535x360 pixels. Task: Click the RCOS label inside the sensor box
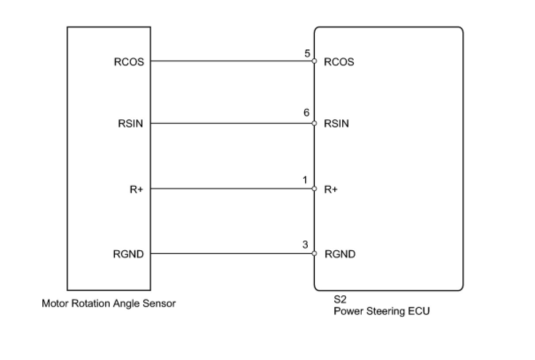point(129,62)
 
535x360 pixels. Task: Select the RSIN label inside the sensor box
point(130,123)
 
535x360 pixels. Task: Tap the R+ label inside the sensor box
point(136,189)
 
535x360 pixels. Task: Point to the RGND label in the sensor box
point(128,254)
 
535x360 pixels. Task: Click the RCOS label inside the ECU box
point(339,62)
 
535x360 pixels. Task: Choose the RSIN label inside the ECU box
point(336,123)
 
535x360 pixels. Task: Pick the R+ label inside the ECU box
point(331,189)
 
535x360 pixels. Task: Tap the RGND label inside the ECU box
point(340,254)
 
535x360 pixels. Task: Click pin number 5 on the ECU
point(307,53)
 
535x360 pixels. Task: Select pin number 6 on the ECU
point(306,112)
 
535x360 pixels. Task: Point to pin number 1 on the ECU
point(305,180)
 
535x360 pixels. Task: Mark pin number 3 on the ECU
point(305,245)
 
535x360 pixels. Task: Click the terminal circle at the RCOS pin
point(314,61)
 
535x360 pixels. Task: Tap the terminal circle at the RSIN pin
point(314,123)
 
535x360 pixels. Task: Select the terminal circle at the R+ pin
point(314,189)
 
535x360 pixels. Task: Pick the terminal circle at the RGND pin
point(314,253)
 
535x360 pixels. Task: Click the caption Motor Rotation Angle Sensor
point(109,304)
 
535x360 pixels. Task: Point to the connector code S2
point(340,299)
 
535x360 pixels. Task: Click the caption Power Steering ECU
point(382,311)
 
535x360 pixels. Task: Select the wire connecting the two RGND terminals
point(231,253)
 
